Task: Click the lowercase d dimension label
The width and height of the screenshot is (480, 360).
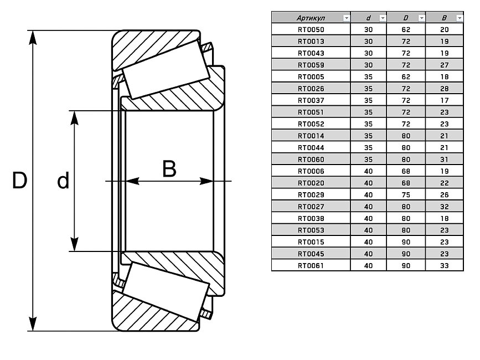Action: (x=63, y=181)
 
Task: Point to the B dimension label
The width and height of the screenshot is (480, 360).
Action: (x=169, y=169)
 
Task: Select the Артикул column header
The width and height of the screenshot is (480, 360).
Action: (x=307, y=18)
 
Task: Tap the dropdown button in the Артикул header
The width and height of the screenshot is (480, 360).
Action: (x=347, y=18)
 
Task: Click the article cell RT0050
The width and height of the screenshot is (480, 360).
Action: (x=311, y=29)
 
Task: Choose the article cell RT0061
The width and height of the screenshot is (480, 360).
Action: (x=311, y=265)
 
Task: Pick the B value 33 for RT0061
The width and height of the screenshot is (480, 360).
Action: (x=444, y=265)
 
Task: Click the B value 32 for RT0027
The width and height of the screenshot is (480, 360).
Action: (x=444, y=207)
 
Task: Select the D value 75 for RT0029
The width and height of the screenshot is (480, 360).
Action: (x=405, y=194)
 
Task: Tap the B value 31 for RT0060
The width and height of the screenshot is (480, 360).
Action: (x=444, y=160)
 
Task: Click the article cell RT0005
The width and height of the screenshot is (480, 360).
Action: (x=311, y=76)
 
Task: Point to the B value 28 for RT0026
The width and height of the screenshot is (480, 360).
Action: (x=444, y=89)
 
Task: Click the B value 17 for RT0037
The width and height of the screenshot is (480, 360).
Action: (x=444, y=100)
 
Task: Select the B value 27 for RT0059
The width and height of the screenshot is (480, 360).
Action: (x=444, y=65)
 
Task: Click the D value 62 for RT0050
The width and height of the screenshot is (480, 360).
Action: (x=405, y=29)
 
